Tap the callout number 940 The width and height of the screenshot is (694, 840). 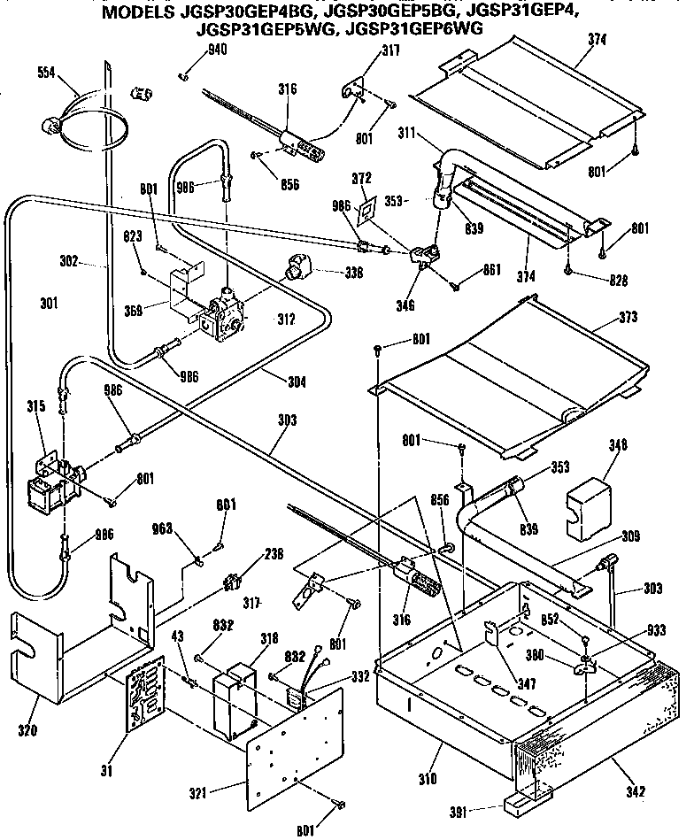217,50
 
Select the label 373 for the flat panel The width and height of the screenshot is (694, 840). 605,316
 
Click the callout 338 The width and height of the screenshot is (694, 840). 353,273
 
